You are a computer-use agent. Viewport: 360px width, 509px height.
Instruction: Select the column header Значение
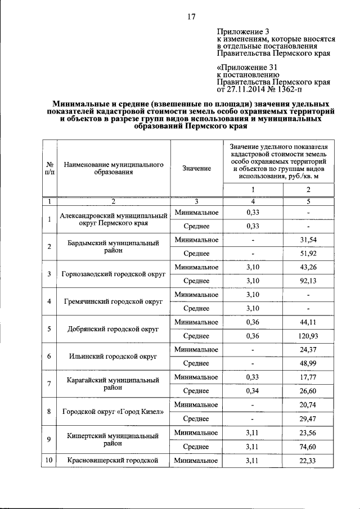pos(196,169)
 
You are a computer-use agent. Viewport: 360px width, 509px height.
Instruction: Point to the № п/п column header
pos(49,169)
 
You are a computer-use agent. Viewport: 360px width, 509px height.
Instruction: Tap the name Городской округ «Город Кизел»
pos(113,412)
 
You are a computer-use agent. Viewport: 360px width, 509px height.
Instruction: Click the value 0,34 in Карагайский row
pos(253,391)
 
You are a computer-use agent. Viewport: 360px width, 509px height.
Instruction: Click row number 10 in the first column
pos(49,461)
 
